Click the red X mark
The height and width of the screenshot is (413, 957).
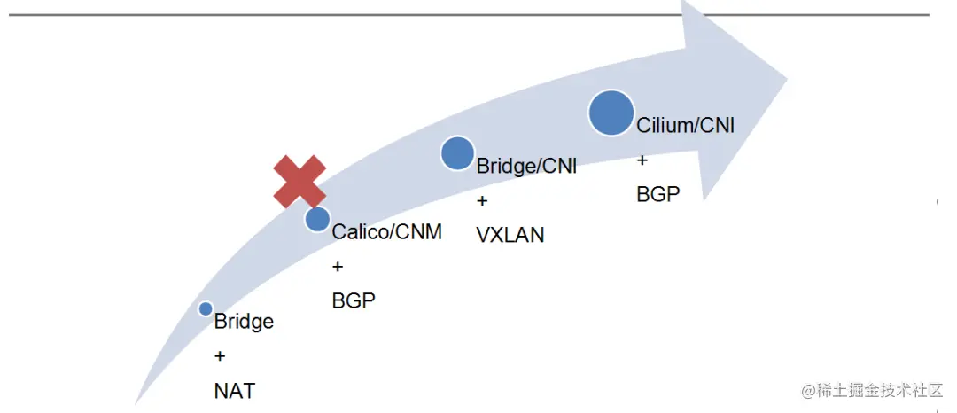(x=299, y=181)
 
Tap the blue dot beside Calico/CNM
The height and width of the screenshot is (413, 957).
(x=317, y=219)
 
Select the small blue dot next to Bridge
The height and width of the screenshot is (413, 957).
(x=206, y=308)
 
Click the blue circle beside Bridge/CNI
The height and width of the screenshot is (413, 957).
(x=457, y=154)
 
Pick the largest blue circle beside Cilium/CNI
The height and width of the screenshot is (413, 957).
(x=611, y=113)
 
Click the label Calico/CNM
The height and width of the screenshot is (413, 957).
(x=386, y=232)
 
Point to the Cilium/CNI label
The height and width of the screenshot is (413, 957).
(x=685, y=125)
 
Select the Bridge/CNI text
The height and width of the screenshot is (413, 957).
(x=526, y=166)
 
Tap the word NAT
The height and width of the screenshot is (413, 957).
(x=234, y=390)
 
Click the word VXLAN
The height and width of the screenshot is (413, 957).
(x=510, y=235)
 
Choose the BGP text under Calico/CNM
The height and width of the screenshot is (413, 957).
(x=354, y=301)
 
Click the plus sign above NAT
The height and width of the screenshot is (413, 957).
(x=220, y=356)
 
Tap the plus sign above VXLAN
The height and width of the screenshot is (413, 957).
(x=482, y=201)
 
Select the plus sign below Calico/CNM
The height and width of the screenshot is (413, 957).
(x=338, y=267)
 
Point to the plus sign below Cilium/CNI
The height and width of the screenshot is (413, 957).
(x=642, y=160)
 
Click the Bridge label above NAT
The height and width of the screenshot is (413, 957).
(x=244, y=322)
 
